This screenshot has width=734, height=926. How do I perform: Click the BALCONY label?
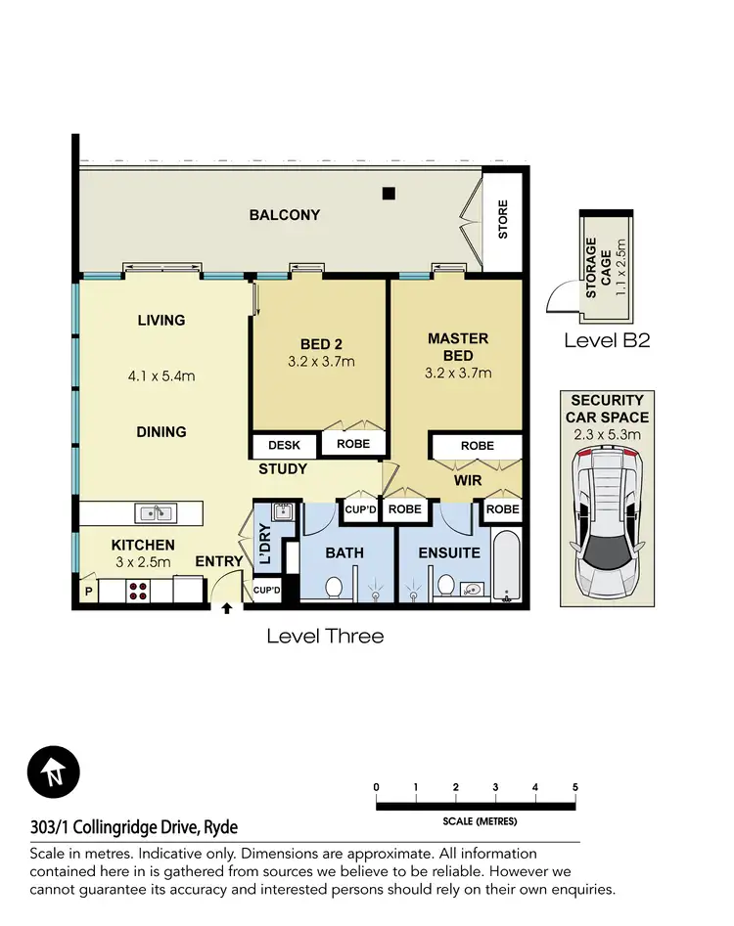(284, 215)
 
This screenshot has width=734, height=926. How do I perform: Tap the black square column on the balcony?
(389, 192)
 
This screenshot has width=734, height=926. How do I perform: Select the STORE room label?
(504, 221)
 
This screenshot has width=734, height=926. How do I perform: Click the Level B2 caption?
(607, 340)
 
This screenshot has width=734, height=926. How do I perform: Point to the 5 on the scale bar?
(575, 787)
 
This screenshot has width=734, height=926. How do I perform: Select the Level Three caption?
(325, 636)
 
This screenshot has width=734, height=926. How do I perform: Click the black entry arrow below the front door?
(227, 608)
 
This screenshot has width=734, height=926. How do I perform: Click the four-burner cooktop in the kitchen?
(138, 591)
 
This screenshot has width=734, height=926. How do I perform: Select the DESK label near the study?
(284, 446)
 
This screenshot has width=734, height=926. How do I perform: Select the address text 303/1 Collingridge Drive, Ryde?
(133, 827)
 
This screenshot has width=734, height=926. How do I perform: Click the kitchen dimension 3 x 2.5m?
(143, 562)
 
